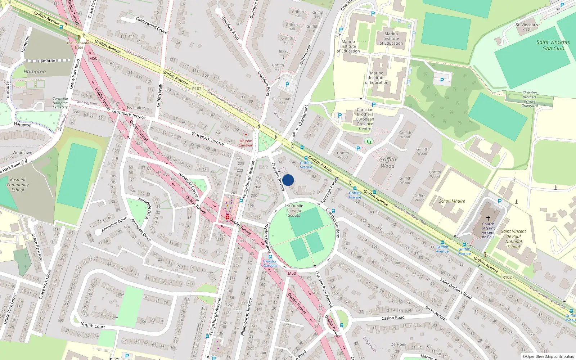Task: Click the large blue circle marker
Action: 288,180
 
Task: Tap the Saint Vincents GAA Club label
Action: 553,45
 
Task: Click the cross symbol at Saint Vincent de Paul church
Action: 488,218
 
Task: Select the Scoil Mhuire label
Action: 452,201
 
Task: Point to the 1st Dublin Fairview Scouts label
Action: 294,211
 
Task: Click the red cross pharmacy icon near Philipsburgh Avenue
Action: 228,217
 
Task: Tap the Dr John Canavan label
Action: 246,143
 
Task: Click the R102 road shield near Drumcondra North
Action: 197,89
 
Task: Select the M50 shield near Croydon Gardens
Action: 292,273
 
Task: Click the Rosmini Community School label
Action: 18,185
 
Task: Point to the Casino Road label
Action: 393,318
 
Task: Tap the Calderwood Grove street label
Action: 151,25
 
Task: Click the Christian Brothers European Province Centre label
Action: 365,119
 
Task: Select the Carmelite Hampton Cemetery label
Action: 60,103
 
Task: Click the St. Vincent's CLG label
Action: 527,27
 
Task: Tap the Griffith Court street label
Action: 93,325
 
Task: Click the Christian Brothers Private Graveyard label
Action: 530,99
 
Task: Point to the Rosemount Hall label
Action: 282,101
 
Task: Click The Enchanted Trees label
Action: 79,45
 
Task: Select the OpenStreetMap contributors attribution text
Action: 548,356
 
